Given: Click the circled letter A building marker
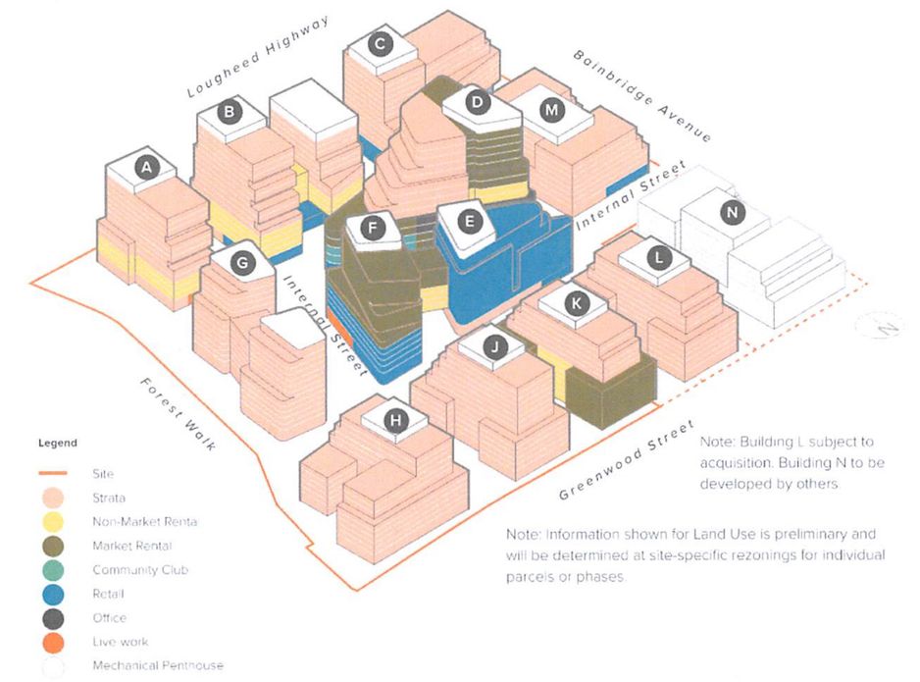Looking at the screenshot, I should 147,169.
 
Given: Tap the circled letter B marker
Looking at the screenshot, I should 230,112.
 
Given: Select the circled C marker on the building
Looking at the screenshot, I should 379,43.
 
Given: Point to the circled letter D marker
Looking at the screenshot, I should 478,102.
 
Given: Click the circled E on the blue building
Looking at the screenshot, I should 472,222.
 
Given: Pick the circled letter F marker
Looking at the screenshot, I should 371,228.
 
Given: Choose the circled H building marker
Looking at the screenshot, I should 395,421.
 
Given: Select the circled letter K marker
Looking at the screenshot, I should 577,304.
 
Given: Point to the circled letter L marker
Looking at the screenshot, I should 659,257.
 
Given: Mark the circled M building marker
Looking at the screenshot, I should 552,110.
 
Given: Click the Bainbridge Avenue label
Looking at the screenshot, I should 642,95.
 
